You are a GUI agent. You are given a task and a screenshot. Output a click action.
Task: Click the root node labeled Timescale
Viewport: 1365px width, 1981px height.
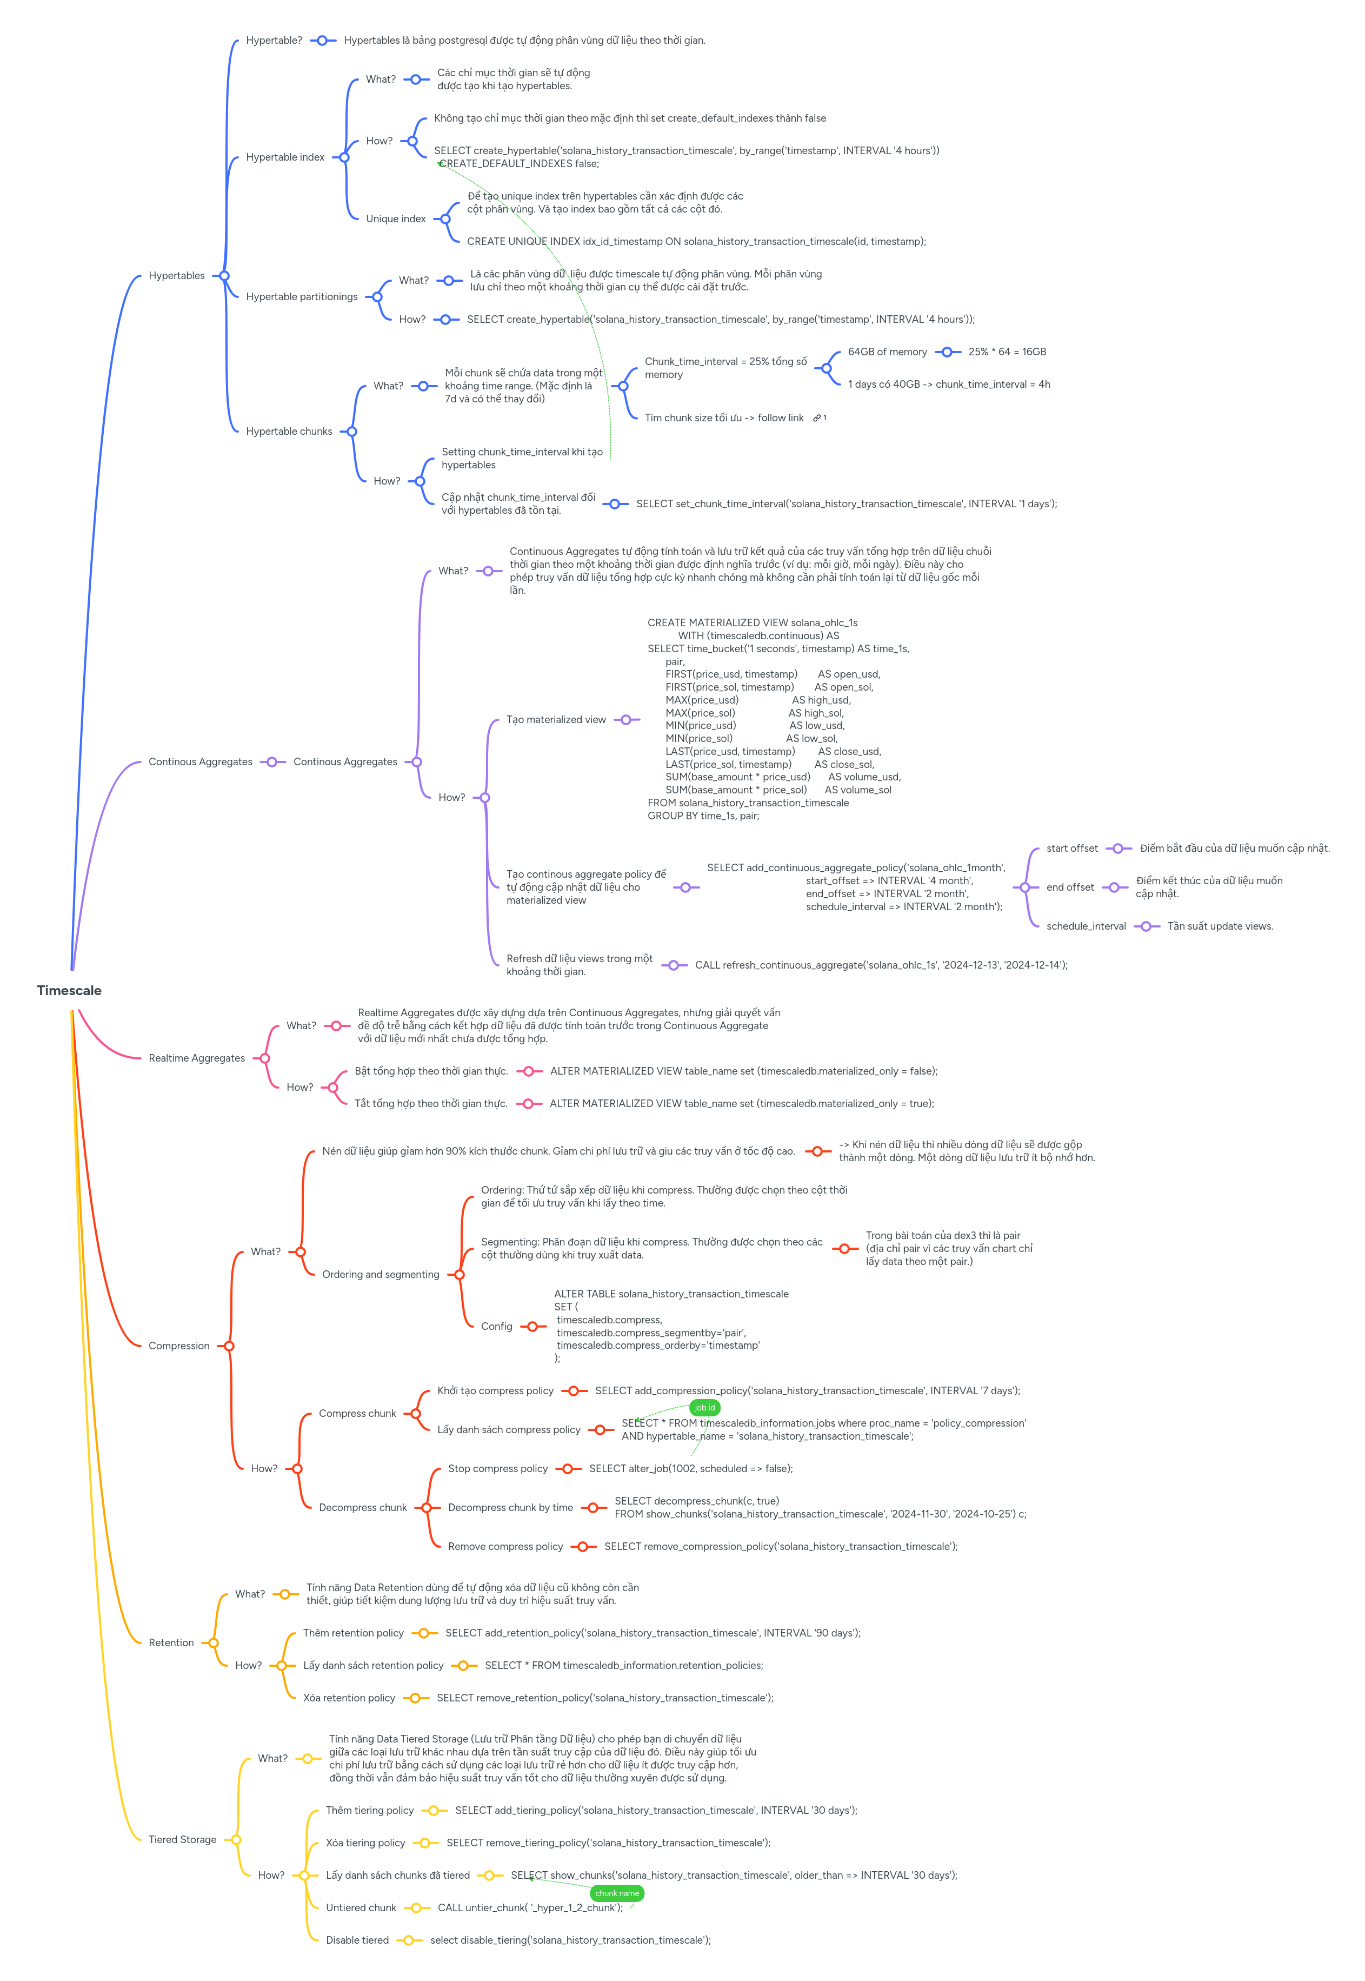69,991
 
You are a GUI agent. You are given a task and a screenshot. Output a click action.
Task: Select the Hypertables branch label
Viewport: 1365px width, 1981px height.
176,275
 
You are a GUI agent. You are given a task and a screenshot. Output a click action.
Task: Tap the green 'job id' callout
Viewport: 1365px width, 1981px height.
705,1407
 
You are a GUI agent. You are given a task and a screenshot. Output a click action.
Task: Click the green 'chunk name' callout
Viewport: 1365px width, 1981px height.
617,1893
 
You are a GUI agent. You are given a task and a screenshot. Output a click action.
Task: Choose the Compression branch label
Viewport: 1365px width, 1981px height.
179,1346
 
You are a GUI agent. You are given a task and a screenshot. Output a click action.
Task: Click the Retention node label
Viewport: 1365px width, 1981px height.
171,1642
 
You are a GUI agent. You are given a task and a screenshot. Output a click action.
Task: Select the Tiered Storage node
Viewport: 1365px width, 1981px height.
182,1839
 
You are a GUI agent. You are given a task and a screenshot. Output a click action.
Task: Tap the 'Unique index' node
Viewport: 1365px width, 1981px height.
395,219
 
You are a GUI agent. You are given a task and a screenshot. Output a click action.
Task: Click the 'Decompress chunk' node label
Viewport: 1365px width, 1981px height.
363,1507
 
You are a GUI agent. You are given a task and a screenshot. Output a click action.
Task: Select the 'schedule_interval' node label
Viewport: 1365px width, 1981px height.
1086,926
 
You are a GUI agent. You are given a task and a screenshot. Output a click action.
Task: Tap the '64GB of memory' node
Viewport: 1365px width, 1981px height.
887,352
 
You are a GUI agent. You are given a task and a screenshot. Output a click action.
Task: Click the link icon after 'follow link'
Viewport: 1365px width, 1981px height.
817,418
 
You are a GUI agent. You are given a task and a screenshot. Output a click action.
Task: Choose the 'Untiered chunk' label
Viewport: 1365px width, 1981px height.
361,1907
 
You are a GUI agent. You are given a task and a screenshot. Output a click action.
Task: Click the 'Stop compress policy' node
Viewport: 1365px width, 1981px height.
498,1469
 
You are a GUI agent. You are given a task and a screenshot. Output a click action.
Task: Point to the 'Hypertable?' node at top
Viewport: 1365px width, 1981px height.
274,40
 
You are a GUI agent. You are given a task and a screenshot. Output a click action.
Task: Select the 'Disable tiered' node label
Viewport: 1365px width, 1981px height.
357,1940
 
